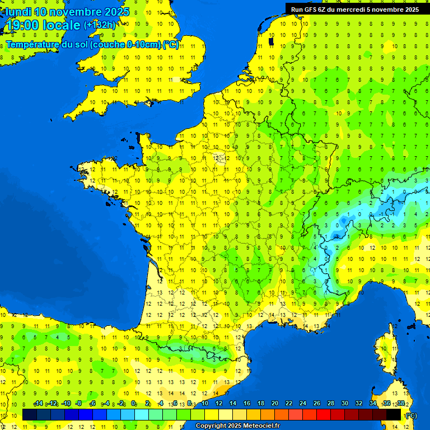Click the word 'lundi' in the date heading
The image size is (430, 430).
[18, 12]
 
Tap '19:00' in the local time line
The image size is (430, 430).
[22, 25]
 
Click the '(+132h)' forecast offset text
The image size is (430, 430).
[100, 25]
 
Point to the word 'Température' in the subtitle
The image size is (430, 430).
[33, 44]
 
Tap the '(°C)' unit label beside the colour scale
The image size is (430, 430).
[410, 415]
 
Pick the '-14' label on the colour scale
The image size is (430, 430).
[39, 404]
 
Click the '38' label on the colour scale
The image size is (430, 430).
[401, 404]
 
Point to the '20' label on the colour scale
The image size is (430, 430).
[275, 404]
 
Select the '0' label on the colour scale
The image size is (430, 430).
[133, 404]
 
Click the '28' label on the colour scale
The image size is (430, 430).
[330, 404]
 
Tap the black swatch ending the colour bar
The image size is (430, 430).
[394, 414]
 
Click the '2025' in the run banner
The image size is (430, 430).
[412, 10]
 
